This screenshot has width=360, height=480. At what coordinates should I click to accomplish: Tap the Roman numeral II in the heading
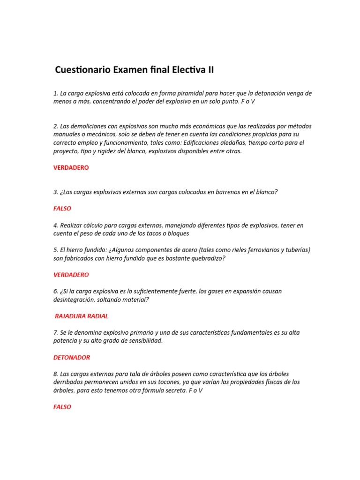(209, 70)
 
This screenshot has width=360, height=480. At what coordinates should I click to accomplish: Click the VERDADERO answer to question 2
(71, 167)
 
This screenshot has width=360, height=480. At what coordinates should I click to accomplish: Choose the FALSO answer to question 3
(62, 209)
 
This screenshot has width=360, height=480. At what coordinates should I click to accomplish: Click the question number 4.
(55, 225)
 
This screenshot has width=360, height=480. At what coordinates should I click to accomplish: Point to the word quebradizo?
(202, 258)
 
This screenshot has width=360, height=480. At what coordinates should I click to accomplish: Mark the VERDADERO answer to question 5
(71, 275)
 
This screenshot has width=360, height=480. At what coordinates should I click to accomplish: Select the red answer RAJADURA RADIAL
(82, 316)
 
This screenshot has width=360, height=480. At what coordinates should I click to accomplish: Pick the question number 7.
(55, 332)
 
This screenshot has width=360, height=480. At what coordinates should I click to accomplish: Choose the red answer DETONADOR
(72, 357)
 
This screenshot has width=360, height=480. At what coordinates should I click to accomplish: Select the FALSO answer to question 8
(62, 407)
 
